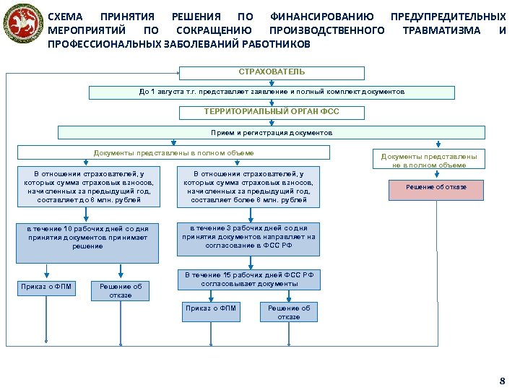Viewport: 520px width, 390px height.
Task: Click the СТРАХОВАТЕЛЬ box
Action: pyautogui.click(x=272, y=72)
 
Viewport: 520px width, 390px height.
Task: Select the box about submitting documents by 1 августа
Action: pyautogui.click(x=272, y=92)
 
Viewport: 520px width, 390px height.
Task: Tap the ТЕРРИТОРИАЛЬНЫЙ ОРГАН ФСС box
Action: pyautogui.click(x=272, y=112)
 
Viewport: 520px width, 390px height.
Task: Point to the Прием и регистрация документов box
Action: pyautogui.click(x=272, y=133)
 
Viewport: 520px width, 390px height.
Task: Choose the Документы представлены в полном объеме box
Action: pyautogui.click(x=173, y=152)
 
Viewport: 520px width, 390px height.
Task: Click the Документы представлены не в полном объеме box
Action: pyautogui.click(x=429, y=160)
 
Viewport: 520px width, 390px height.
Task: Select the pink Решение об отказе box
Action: pyautogui.click(x=436, y=188)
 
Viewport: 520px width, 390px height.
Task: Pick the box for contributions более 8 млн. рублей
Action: pyautogui.click(x=248, y=186)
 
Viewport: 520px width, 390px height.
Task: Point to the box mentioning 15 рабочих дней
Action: pyautogui.click(x=249, y=279)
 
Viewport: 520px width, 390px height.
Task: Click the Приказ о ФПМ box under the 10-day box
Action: pyautogui.click(x=45, y=287)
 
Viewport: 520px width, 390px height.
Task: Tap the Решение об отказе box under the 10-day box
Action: pyautogui.click(x=121, y=290)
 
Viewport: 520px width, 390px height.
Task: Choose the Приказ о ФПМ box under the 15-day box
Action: pyautogui.click(x=210, y=309)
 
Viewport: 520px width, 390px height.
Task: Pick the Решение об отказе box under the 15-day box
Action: pyautogui.click(x=289, y=312)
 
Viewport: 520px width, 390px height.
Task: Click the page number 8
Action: pyautogui.click(x=503, y=380)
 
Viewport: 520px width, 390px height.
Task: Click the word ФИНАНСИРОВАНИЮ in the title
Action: pyautogui.click(x=321, y=16)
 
